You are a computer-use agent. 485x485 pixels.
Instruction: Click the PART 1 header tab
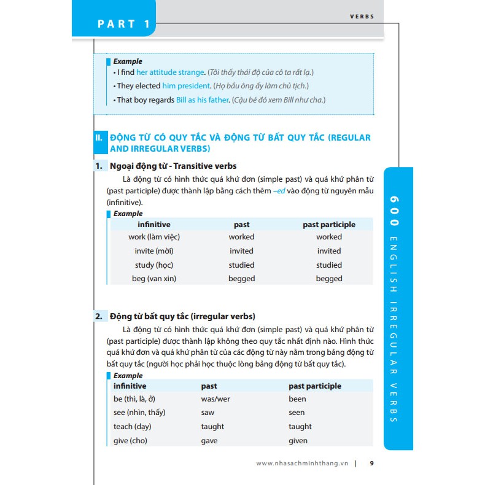pos(124,24)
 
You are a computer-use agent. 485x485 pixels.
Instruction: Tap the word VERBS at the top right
pos(362,17)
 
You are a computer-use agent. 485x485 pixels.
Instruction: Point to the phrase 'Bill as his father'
pos(202,99)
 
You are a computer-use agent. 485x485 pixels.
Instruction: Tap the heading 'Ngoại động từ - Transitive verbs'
pos(173,166)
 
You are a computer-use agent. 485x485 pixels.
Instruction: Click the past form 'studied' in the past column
pos(241,265)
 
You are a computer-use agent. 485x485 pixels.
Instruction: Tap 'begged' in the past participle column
pos(329,279)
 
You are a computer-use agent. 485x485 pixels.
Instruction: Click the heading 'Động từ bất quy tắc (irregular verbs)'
pos(182,317)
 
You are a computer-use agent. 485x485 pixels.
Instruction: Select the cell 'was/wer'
pos(215,399)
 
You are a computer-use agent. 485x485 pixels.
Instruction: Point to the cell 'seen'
pos(297,413)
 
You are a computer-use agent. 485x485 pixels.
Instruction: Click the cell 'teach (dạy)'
pos(134,427)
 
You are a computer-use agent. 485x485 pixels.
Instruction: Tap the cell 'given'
pos(298,441)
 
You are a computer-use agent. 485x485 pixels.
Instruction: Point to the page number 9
pos(371,464)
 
